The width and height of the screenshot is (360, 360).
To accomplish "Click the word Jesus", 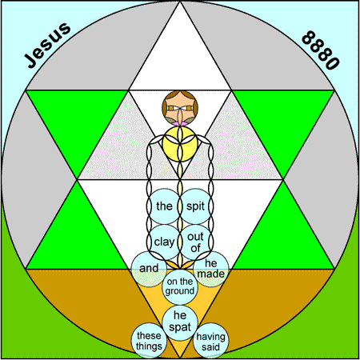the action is coord(47,45).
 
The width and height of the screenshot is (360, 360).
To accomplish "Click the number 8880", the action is coord(321,50).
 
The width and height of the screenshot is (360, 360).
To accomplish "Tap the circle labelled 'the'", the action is coord(165,206).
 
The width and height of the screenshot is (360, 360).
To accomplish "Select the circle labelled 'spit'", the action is coord(195,206).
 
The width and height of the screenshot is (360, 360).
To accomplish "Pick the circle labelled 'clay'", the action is coord(165,242).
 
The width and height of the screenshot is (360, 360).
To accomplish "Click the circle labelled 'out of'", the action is coord(195,242).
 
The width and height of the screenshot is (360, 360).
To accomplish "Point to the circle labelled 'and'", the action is coord(149,269).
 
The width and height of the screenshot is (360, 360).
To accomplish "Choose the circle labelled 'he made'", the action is coord(211,269).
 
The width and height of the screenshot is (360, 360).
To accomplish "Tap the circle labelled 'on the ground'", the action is coord(180,286).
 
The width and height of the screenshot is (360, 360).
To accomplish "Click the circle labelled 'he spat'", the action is coord(180,322).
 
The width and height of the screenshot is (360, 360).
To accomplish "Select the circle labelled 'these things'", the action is coord(149,341).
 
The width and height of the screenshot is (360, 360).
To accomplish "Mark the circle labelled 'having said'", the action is coord(211,341).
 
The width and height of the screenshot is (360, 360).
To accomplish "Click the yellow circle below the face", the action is coord(180,144).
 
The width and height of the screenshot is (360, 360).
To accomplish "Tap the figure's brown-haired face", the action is coord(180,108).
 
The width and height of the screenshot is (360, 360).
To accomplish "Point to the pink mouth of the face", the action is coord(180,124).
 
